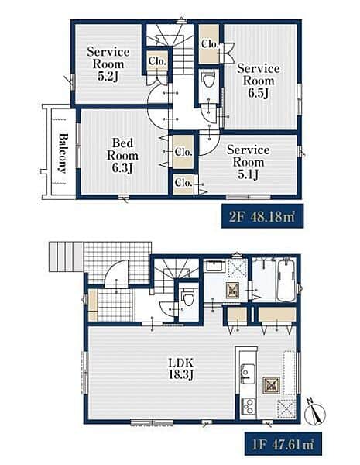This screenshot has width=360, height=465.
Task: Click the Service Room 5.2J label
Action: coord(108,64)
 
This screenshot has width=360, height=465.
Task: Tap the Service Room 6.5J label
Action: coord(259,81)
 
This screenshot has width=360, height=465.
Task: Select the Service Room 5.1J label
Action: coord(249,162)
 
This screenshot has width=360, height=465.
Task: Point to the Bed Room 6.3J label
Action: coord(122,156)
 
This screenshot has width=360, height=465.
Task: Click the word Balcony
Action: coord(63,153)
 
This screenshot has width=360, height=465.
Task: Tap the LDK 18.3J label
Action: coord(181,369)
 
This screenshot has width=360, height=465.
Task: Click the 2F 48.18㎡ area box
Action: coord(262,216)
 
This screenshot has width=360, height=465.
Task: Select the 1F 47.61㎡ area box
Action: coord(283,444)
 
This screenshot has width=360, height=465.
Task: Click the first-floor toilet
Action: coord(188,298)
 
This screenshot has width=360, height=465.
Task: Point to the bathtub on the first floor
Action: coord(286,281)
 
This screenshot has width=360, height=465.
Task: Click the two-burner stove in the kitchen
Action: coord(248,406)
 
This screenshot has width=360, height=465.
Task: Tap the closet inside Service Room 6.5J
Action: coord(209,44)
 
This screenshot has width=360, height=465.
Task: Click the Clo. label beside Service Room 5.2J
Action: coord(157,61)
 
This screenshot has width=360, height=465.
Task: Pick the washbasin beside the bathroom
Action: coord(214,266)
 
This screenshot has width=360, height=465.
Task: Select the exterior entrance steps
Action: coord(66,257)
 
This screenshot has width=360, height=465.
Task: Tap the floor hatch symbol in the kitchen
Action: coord(270,385)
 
